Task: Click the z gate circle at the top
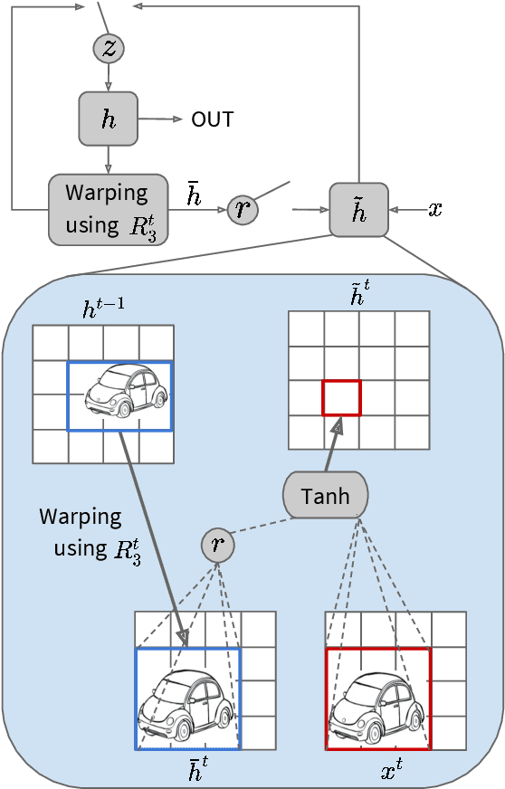tap(109, 50)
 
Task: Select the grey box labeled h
tap(109, 119)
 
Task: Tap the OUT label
tap(213, 119)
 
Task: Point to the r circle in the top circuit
tap(242, 209)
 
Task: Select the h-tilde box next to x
tap(358, 210)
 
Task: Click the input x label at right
tap(435, 210)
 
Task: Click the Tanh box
tap(326, 496)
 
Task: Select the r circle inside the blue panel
tap(217, 545)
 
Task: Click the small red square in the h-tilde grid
tap(341, 398)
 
